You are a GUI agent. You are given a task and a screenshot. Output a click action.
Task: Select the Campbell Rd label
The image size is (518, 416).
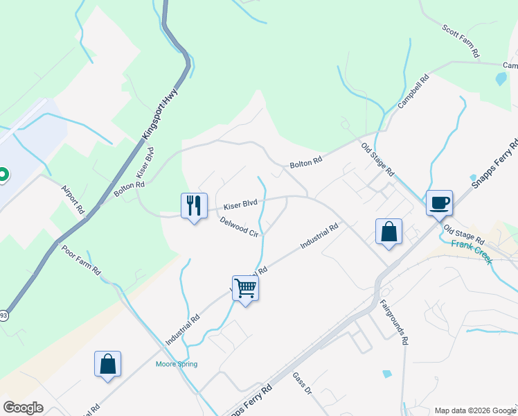point(414,92)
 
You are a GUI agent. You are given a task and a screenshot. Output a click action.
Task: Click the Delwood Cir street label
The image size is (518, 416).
point(239,227)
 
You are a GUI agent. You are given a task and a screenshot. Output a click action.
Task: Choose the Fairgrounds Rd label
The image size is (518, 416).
point(394,322)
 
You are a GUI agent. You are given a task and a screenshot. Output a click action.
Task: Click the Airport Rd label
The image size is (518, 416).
point(72,199)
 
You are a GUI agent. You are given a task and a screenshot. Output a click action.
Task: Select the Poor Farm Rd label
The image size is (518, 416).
point(81,259)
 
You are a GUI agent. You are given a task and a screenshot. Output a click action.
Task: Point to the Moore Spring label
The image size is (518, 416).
point(177,364)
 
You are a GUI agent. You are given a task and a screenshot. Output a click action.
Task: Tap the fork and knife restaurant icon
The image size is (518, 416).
point(194,205)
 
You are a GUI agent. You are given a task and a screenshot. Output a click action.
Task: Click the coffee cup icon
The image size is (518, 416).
point(439,202)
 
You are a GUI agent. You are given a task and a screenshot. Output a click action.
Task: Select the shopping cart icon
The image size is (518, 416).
point(245,287)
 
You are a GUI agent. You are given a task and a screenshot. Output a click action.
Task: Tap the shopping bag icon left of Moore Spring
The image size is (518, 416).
point(107,364)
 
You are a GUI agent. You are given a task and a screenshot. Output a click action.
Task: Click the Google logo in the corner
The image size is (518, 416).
point(23,408)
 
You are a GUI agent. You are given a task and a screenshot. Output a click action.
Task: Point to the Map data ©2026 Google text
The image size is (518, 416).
point(474,410)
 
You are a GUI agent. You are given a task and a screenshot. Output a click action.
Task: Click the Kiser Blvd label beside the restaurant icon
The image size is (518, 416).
point(240,204)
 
